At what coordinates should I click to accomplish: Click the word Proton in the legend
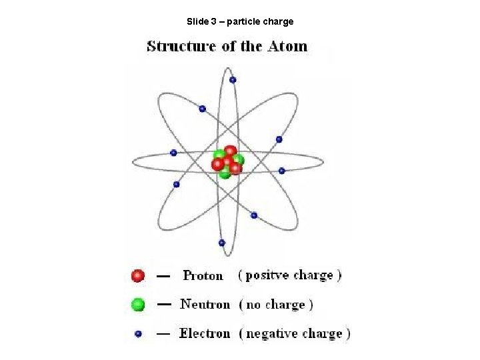[x=203, y=276]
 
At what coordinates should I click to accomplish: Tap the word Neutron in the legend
[x=205, y=305]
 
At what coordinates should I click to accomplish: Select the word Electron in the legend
[x=204, y=333]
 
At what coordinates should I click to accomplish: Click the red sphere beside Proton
[x=138, y=275]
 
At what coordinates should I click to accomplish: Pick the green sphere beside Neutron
[x=138, y=305]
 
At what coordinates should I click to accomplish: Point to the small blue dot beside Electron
[x=138, y=333]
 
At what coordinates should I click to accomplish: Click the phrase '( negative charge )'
[x=294, y=333]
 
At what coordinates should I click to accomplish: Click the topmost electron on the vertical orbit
[x=233, y=80]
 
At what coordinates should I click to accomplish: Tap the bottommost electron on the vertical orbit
[x=222, y=243]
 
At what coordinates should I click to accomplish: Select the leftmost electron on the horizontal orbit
[x=173, y=153]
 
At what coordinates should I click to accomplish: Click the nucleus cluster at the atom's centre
[x=227, y=162]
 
